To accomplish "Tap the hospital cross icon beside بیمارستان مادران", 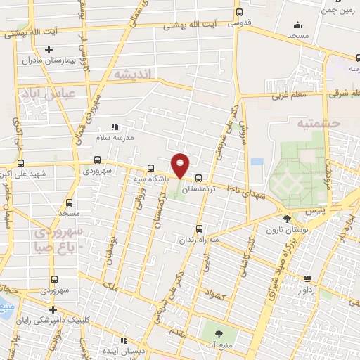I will click(49, 49).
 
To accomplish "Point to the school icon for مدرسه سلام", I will click(115, 127).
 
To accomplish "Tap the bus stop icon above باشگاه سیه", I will click(150, 168).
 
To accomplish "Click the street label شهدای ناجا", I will click(243, 190).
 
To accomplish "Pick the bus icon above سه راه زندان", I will click(200, 228).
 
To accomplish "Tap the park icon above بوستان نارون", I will click(285, 219).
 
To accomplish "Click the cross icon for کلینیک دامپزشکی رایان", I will click(52, 309).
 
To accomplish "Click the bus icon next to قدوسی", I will click(239, 12).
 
